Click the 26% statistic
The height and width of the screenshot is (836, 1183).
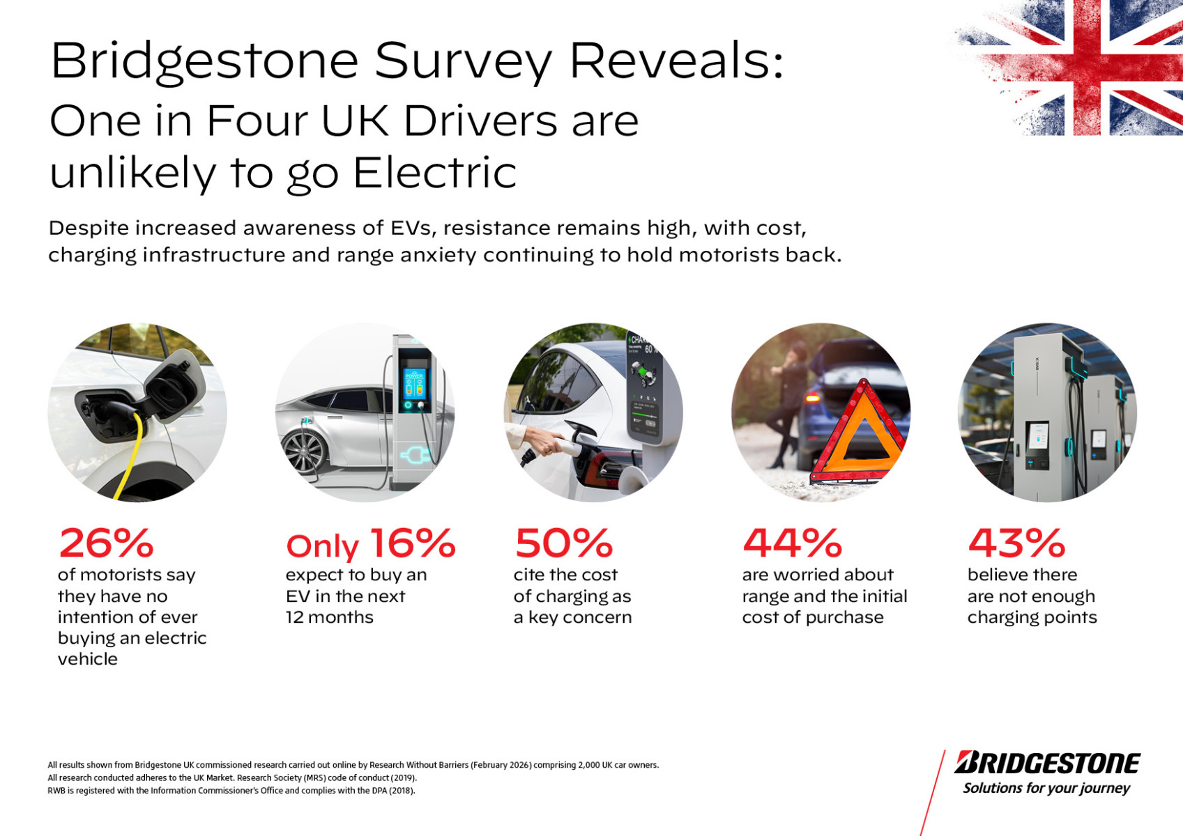pyautogui.click(x=106, y=543)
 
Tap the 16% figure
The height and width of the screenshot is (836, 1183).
pyautogui.click(x=413, y=543)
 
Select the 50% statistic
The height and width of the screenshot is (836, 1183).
pyautogui.click(x=563, y=543)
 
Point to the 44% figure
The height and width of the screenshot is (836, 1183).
pyautogui.click(x=792, y=543)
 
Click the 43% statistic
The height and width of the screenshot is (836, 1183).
pyautogui.click(x=1016, y=543)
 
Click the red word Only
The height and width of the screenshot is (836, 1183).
pyautogui.click(x=323, y=547)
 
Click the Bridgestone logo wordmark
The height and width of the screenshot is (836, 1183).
pyautogui.click(x=1048, y=763)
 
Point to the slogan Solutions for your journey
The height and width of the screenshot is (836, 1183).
pyautogui.click(x=1046, y=789)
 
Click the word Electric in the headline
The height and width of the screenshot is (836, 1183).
pyautogui.click(x=434, y=173)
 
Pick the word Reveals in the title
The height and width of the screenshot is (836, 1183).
pyautogui.click(x=676, y=61)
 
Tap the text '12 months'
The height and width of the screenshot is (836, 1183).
pyautogui.click(x=330, y=617)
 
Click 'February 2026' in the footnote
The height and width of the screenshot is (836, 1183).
pyautogui.click(x=501, y=765)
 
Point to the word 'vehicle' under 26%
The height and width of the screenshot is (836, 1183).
pyautogui.click(x=88, y=658)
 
